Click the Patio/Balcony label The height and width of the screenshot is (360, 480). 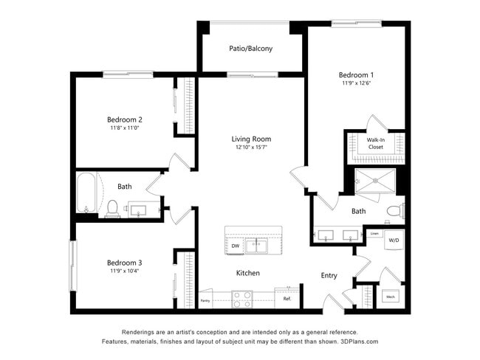click(x=250, y=49)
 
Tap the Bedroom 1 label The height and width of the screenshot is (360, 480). click(x=356, y=75)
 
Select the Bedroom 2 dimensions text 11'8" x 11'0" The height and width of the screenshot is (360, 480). click(x=124, y=128)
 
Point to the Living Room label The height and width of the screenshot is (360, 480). click(x=251, y=139)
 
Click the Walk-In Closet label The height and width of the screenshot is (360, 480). click(x=375, y=143)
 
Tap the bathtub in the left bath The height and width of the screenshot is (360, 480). click(x=86, y=194)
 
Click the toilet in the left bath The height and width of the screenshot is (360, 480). click(x=113, y=208)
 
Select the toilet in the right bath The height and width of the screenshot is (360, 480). click(x=394, y=211)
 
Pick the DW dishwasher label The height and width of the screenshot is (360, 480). click(x=236, y=246)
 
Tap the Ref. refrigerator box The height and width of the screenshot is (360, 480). click(x=287, y=299)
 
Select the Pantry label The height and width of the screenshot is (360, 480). click(x=205, y=300)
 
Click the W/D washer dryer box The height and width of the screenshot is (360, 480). click(x=394, y=240)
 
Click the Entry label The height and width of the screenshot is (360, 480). click(x=329, y=275)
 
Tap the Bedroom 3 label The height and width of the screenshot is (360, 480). click(x=124, y=263)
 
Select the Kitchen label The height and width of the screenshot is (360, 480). click(x=247, y=273)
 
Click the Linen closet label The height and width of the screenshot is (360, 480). click(x=374, y=234)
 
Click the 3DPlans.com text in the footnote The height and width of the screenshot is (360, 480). click(x=358, y=342)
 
